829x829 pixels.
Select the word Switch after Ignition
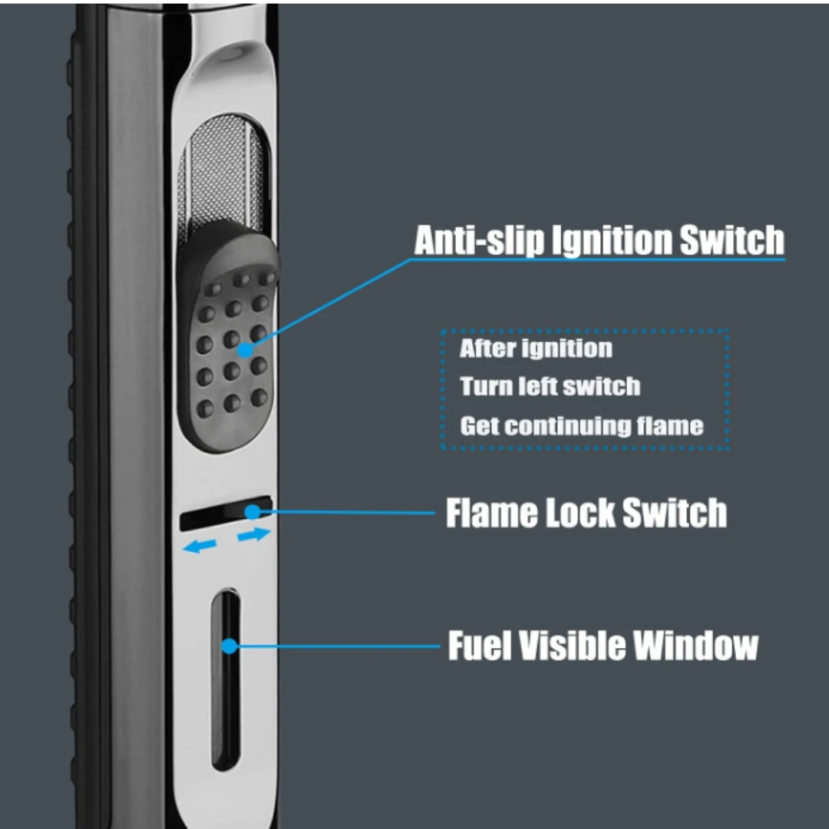pyautogui.click(x=732, y=241)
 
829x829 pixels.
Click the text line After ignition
pyautogui.click(x=536, y=348)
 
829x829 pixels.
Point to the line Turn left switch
pyautogui.click(x=550, y=386)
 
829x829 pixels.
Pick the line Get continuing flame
pyautogui.click(x=581, y=425)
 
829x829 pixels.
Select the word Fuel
pyautogui.click(x=478, y=646)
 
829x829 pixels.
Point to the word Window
pyautogui.click(x=695, y=646)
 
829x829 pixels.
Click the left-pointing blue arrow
pyautogui.click(x=200, y=547)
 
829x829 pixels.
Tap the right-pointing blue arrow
pyautogui.click(x=254, y=534)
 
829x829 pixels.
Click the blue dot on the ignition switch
pyautogui.click(x=245, y=350)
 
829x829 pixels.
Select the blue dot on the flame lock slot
pyautogui.click(x=251, y=510)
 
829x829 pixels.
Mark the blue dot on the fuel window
pyautogui.click(x=229, y=646)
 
